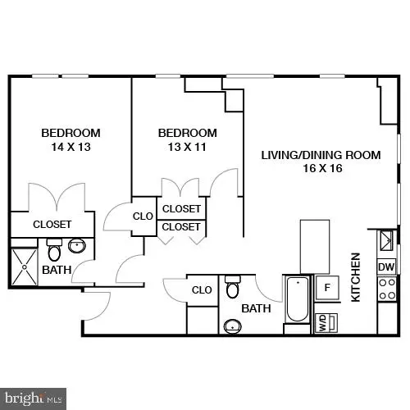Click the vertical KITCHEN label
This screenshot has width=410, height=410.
click(x=356, y=278)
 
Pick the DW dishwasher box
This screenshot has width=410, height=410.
click(x=385, y=266)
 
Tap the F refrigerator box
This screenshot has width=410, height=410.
click(x=326, y=287)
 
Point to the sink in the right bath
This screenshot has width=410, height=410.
click(x=233, y=327)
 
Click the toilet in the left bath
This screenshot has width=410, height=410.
click(x=55, y=249)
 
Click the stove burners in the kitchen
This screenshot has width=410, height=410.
click(x=386, y=288)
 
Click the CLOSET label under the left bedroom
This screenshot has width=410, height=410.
click(x=52, y=224)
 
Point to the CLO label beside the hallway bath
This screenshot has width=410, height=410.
click(x=202, y=289)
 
